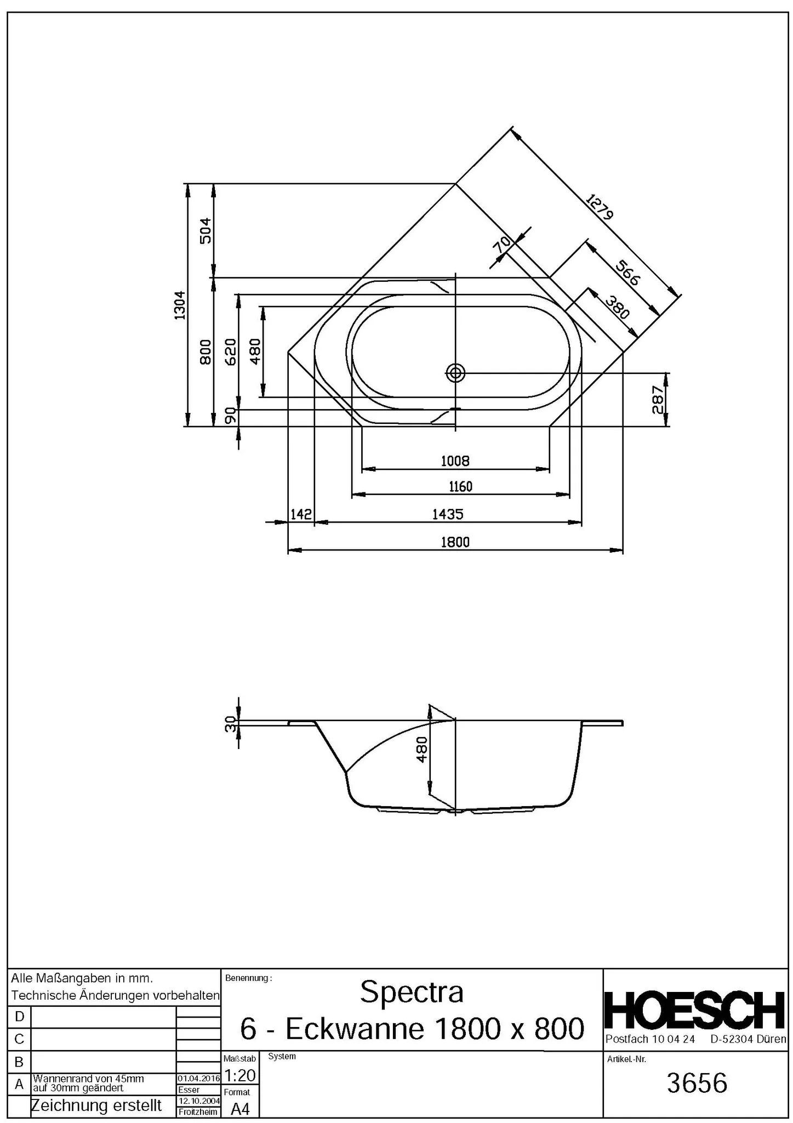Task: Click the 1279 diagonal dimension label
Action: (599, 207)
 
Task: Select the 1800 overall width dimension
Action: (455, 542)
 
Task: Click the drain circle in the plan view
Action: (455, 373)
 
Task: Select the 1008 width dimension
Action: (455, 461)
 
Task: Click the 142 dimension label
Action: (301, 514)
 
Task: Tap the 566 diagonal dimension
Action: (627, 273)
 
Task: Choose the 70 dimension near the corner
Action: (501, 245)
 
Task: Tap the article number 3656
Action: (697, 1084)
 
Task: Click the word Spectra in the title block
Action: (412, 992)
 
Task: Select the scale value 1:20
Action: (240, 1075)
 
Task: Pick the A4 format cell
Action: (240, 1109)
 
